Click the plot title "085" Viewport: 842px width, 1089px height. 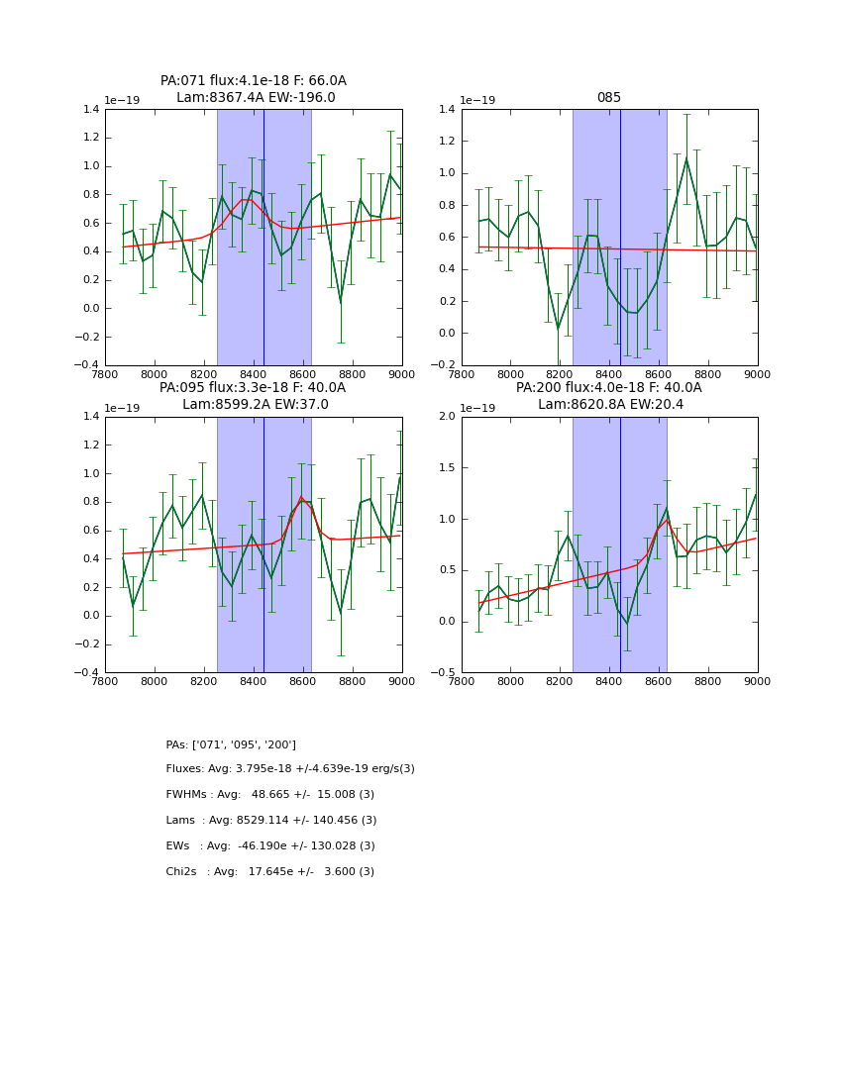(608, 98)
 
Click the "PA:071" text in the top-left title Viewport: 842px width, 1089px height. (182, 81)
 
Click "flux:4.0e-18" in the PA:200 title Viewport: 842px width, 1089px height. (598, 388)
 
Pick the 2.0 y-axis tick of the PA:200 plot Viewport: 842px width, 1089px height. (447, 417)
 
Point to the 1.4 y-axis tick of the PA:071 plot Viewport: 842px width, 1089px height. (90, 110)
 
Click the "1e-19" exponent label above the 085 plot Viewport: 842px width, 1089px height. (477, 101)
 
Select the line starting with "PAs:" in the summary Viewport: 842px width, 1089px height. (231, 744)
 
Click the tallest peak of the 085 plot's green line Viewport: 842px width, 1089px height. (686, 158)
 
